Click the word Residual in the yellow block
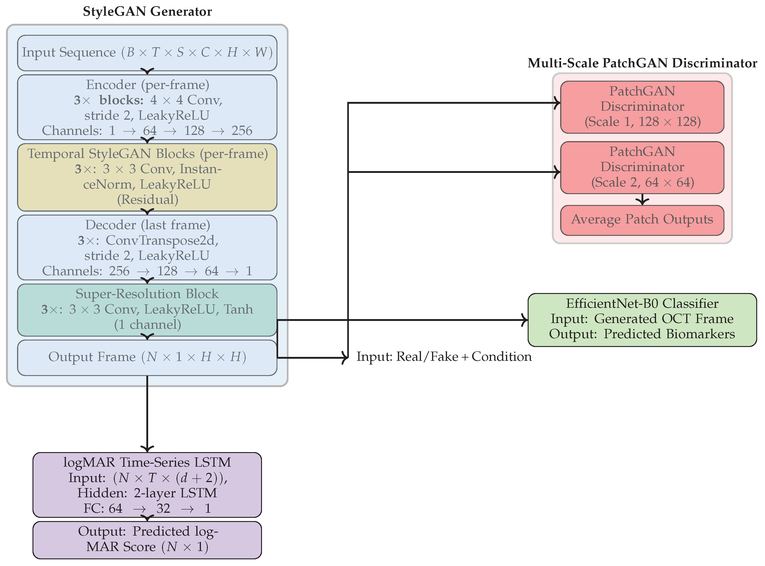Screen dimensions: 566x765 (148, 200)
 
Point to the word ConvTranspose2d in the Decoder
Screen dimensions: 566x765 (162, 240)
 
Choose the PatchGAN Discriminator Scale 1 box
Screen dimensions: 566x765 (642, 107)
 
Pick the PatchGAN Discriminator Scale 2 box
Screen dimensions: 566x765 (642, 168)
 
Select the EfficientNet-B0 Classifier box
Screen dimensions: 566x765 (642, 319)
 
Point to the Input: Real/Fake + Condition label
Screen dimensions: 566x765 (444, 357)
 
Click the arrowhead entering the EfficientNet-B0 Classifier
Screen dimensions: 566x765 (525, 320)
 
